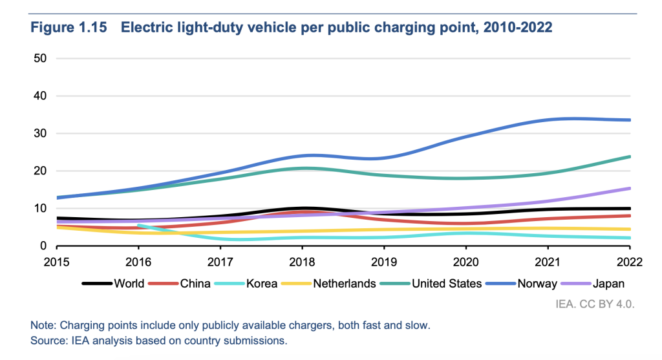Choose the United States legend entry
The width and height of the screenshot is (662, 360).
(x=446, y=283)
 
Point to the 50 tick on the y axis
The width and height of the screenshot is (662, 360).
(x=41, y=59)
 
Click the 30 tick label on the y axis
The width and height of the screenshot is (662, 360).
(x=41, y=134)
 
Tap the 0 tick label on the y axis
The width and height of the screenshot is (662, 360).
(x=45, y=246)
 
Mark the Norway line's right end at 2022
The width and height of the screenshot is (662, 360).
(x=630, y=120)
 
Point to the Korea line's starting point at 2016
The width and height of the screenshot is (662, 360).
(x=138, y=225)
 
